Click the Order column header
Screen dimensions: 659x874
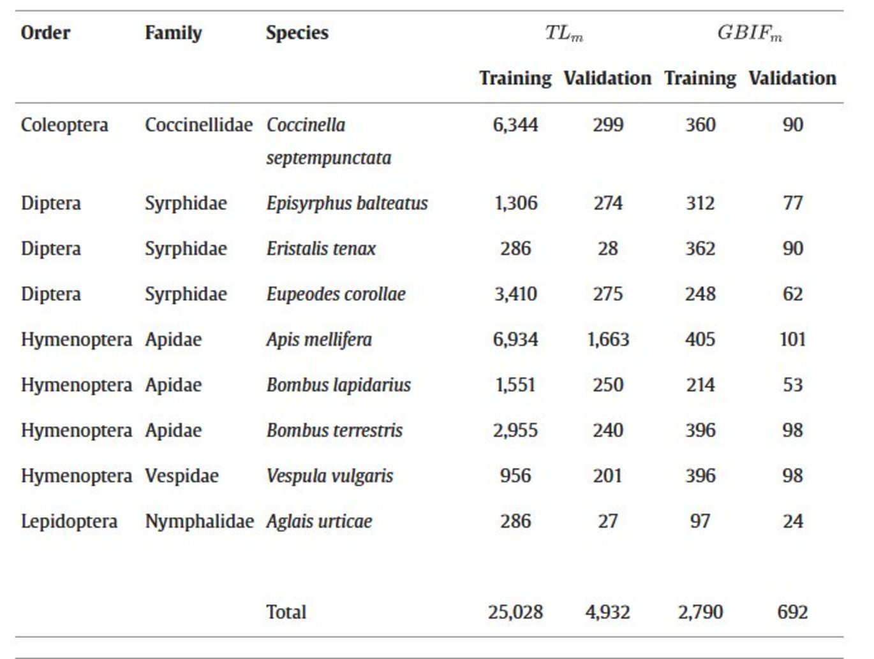click(x=45, y=33)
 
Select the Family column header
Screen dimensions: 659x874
click(x=173, y=33)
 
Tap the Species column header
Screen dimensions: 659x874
click(x=297, y=33)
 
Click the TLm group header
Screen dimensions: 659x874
click(x=564, y=33)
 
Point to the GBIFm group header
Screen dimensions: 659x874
click(x=749, y=33)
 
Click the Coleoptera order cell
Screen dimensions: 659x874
click(x=64, y=125)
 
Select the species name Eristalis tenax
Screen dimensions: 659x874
click(x=321, y=249)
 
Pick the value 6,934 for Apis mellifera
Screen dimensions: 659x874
click(x=515, y=340)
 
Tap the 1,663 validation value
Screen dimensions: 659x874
click(x=607, y=340)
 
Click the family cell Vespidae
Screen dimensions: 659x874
click(x=181, y=476)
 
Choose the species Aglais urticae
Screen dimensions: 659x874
click(x=319, y=521)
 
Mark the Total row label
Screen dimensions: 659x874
click(x=286, y=612)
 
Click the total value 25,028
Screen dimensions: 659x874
click(x=515, y=612)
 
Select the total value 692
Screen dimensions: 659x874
click(x=792, y=612)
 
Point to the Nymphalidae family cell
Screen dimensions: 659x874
click(x=199, y=521)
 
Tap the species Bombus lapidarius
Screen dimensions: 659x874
click(x=338, y=385)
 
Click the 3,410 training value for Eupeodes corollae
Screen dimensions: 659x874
click(x=515, y=294)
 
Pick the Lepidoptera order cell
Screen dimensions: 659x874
click(x=69, y=521)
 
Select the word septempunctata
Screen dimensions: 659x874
click(x=329, y=157)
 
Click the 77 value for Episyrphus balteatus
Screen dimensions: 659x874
click(x=792, y=203)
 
